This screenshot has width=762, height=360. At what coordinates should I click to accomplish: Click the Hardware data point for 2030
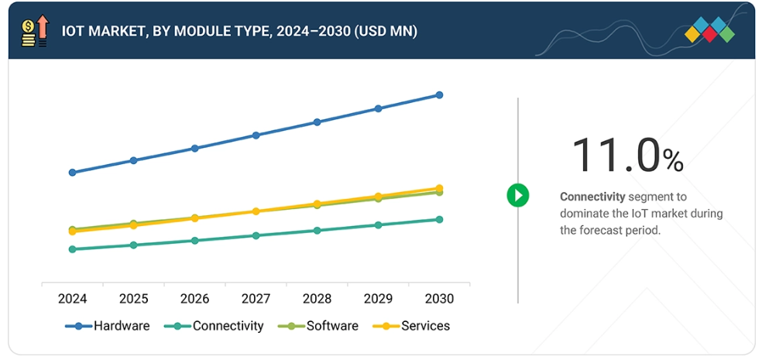(439, 95)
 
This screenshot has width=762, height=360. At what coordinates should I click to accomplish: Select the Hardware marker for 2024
(72, 173)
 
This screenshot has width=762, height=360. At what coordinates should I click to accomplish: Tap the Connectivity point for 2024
(72, 249)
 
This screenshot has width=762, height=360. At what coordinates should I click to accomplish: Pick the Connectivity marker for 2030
(439, 219)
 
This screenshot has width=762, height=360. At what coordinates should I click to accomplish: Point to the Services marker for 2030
(439, 188)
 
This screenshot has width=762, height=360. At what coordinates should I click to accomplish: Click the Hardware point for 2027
(256, 135)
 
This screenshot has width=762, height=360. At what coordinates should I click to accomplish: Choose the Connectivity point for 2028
(317, 230)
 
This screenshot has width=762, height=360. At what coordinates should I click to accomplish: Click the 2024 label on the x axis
(72, 298)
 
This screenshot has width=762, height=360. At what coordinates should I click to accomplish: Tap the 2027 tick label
(256, 298)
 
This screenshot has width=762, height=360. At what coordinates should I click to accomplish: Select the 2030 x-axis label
(439, 298)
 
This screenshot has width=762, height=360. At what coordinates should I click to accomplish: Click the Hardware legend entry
(108, 326)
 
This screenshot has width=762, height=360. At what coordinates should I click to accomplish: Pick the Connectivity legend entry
(215, 326)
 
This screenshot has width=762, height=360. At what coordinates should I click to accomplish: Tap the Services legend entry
(411, 326)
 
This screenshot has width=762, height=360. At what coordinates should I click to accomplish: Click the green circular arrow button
(517, 195)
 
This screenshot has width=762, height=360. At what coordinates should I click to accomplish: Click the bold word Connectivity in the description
(592, 197)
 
